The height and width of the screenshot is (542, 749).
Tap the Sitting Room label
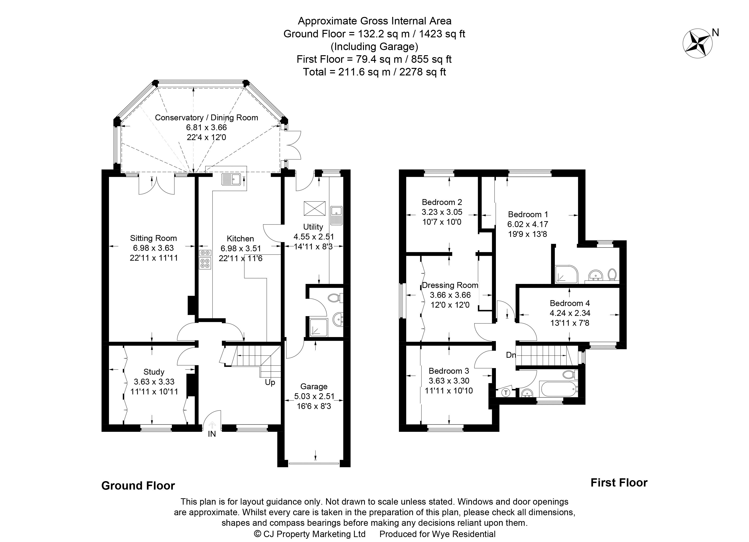pos(153,238)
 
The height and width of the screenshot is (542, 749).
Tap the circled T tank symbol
pos(506,393)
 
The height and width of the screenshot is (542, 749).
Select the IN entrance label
pos(212,434)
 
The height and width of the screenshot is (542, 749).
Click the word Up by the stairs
pos(270,382)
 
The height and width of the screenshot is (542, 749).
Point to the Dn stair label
pos(510,355)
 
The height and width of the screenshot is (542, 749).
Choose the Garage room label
pos(314,386)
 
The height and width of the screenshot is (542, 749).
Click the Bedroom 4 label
pos(570,303)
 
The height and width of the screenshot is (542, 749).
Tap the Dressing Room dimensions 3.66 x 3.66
pos(450,295)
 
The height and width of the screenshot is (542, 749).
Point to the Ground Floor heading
pos(138,486)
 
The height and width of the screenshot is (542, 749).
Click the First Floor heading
pos(619,483)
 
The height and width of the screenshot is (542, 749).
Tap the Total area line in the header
pos(374,72)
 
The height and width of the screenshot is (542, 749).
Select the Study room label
pos(154,372)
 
